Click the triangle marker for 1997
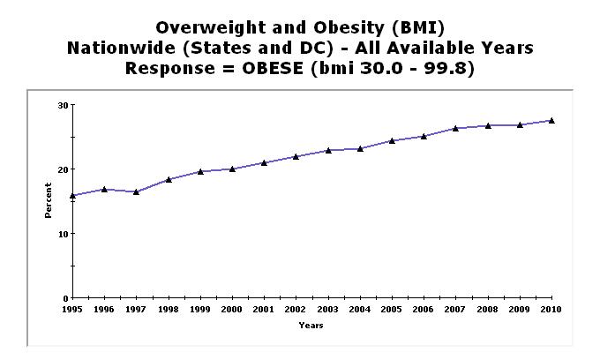pos(136,191)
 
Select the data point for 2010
pos(551,121)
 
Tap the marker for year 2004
pos(360,148)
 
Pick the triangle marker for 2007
pos(455,128)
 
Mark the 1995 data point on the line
pos(72,196)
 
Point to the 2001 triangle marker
pos(264,162)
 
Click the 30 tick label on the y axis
pos(63,105)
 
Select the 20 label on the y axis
pos(63,169)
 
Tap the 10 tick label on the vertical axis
pos(63,234)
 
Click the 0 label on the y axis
pos(65,298)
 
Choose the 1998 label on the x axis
pos(168,310)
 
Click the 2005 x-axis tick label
pos(392,310)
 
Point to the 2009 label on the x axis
pos(520,310)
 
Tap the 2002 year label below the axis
pos(296,310)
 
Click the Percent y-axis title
pos(49,201)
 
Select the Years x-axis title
pos(311,326)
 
